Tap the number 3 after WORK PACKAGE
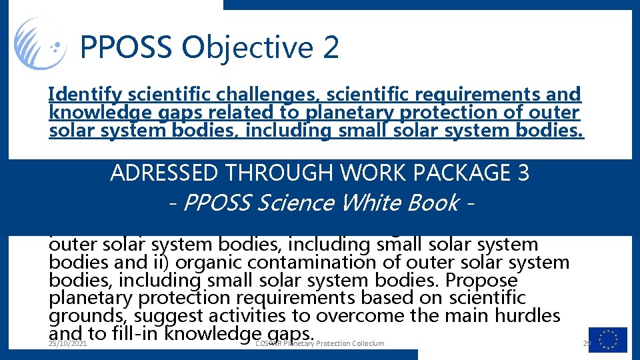tap(523, 173)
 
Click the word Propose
tap(487, 280)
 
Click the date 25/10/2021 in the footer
tap(68, 343)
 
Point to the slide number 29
tap(587, 343)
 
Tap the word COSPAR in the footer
tap(271, 343)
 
